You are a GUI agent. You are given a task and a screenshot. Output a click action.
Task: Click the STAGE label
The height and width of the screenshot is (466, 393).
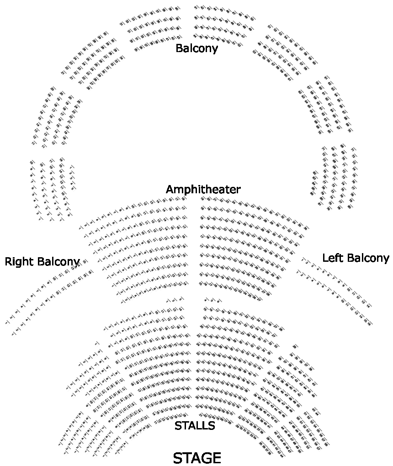197,458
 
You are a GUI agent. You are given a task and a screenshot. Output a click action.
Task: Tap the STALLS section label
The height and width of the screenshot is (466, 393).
195,426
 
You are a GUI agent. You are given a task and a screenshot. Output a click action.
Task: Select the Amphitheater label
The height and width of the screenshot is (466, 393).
203,189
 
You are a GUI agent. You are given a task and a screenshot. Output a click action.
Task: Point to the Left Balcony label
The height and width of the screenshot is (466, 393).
356,258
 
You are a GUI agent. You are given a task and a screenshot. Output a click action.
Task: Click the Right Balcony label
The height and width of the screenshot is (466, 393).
42,262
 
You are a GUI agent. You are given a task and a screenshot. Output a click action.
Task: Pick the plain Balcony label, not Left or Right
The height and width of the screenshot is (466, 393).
196,48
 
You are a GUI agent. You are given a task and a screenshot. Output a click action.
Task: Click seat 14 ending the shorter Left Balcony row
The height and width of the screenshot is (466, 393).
368,306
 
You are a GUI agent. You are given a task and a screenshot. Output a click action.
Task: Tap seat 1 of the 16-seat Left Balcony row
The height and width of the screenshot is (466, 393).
298,273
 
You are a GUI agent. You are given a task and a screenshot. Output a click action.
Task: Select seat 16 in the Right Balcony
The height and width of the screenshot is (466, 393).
91,272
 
